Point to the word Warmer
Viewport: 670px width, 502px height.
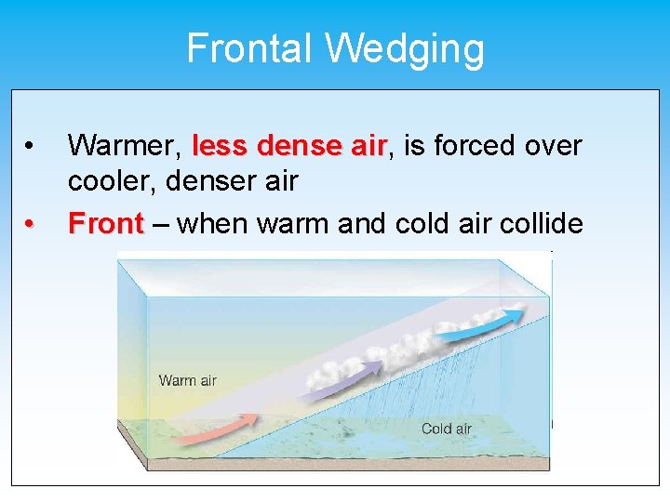pos(124,146)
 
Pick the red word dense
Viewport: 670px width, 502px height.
pos(299,146)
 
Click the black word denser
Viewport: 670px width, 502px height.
pos(218,181)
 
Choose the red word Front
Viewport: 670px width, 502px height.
pos(106,224)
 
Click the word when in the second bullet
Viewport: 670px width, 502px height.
pos(212,224)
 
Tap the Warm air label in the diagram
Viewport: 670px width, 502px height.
pos(187,380)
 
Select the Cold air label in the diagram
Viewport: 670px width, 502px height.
pos(447,429)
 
